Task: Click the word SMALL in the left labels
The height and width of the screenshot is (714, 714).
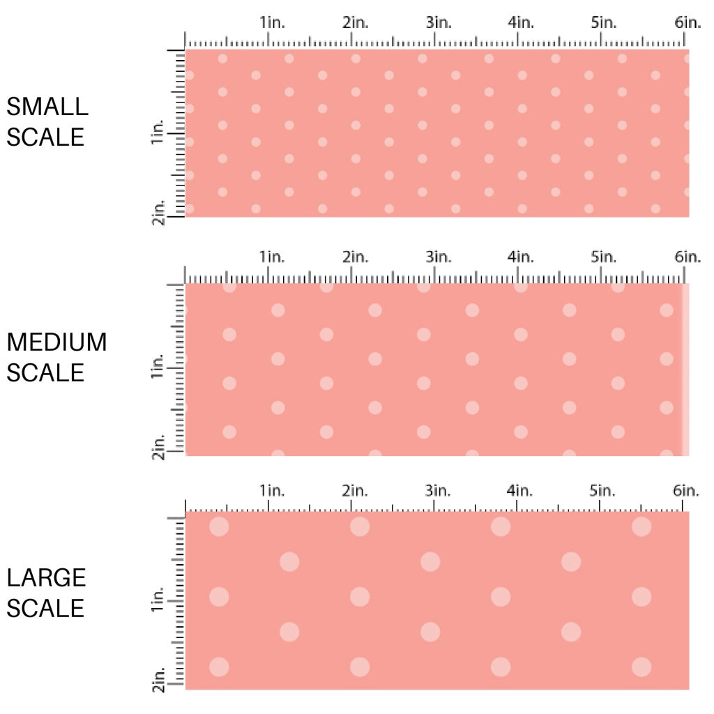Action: pyautogui.click(x=47, y=107)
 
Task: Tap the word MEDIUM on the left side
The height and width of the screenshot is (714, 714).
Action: pyautogui.click(x=56, y=342)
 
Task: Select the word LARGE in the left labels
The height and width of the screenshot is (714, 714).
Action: pyautogui.click(x=47, y=577)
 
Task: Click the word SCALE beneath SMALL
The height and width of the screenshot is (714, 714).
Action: pyautogui.click(x=45, y=137)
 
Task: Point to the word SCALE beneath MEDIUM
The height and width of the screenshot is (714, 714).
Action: pyautogui.click(x=45, y=372)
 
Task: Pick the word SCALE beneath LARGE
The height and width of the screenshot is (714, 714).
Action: pyautogui.click(x=45, y=608)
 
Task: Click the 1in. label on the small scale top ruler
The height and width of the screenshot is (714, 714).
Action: pyautogui.click(x=273, y=22)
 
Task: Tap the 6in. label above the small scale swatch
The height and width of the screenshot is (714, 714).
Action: pyautogui.click(x=688, y=22)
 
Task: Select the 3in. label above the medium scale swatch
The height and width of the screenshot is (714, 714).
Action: pyautogui.click(x=439, y=257)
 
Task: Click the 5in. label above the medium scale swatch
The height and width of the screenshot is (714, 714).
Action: pyautogui.click(x=604, y=257)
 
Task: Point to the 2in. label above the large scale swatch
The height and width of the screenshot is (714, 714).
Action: pyautogui.click(x=356, y=490)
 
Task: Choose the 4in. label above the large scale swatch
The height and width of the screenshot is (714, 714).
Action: pyautogui.click(x=521, y=490)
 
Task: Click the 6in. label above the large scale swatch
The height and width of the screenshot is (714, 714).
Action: pyautogui.click(x=688, y=490)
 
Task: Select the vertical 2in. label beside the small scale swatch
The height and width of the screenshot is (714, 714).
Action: pyautogui.click(x=157, y=212)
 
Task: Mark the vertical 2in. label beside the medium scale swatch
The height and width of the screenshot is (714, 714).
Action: pyautogui.click(x=157, y=448)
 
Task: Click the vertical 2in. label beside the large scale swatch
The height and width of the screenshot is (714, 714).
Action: pyautogui.click(x=157, y=681)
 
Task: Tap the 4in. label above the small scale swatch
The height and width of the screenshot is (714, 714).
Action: pyautogui.click(x=521, y=22)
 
